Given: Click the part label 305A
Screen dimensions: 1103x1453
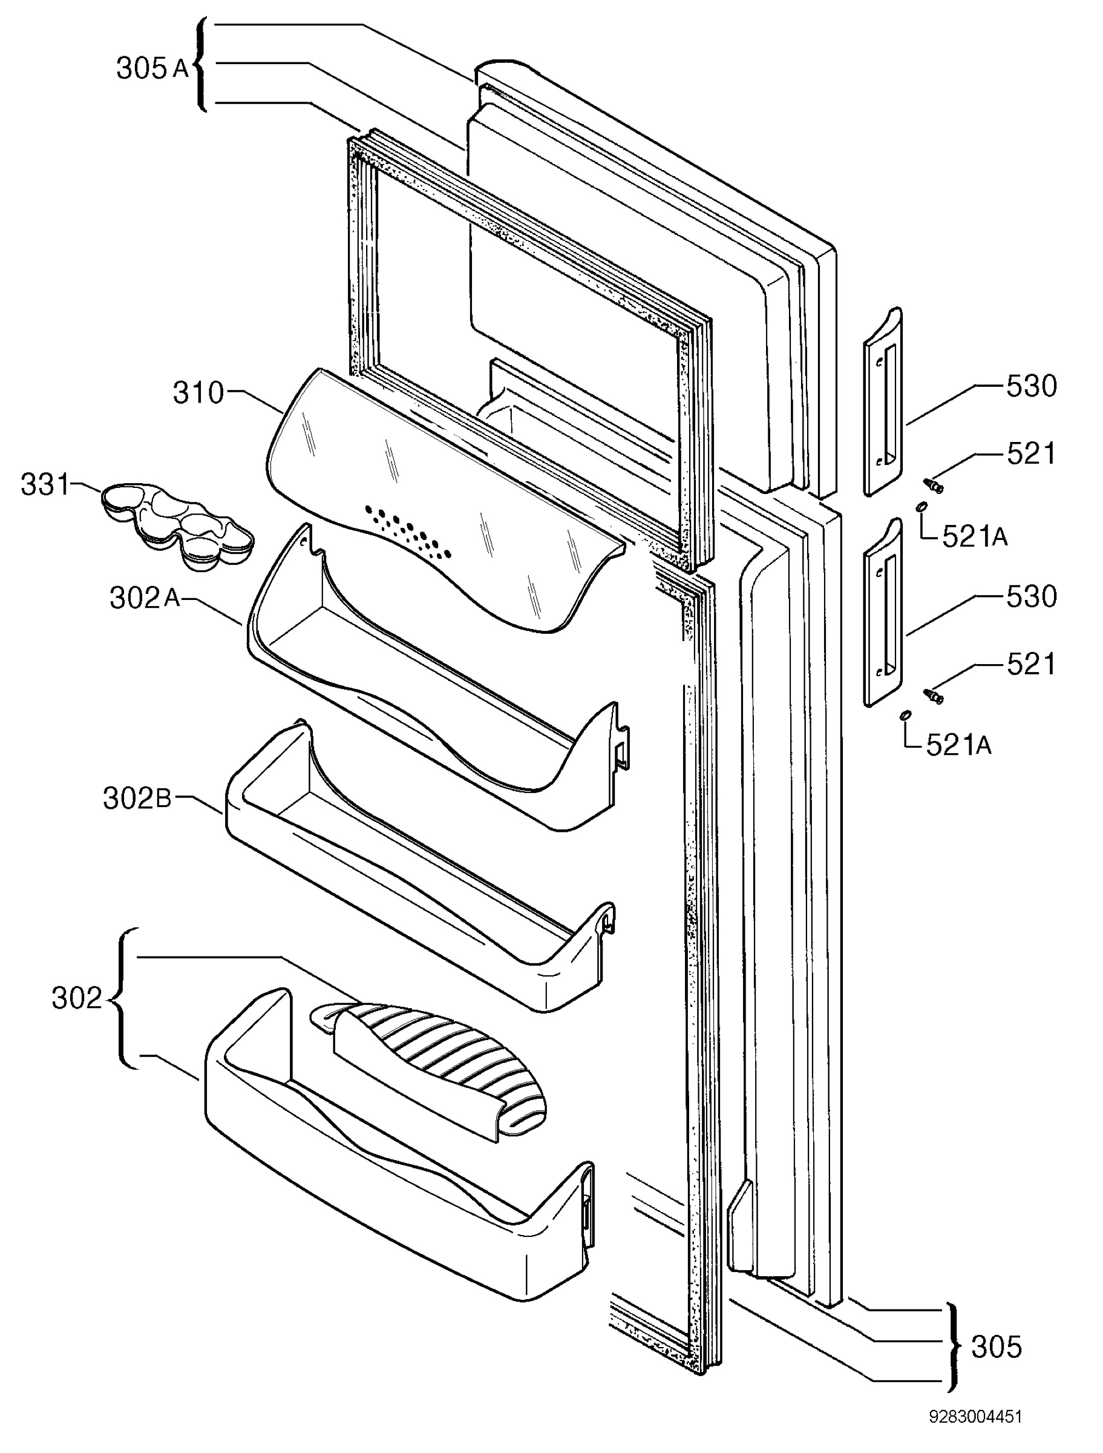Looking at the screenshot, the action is [152, 68].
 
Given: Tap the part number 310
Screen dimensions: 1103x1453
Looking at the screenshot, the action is [198, 393].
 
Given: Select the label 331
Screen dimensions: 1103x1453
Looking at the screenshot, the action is [45, 485].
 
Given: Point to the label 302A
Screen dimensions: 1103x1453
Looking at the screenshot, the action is [145, 598].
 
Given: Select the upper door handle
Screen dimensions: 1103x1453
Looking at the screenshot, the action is [881, 402].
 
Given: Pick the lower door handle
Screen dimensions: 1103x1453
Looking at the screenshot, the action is [881, 612].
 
